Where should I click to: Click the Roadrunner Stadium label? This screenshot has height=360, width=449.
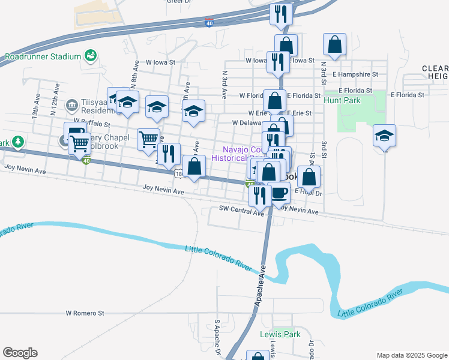pos(43,57)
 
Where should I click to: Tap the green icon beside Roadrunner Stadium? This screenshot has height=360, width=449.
pos(91,56)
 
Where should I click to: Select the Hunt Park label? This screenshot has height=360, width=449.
pos(342,100)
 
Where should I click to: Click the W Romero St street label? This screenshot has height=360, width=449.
pos(85,313)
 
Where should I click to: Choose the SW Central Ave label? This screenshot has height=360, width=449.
pos(241,212)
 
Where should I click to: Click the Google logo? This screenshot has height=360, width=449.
pos(20,353)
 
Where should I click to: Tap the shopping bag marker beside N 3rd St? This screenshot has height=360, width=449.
pos(334,45)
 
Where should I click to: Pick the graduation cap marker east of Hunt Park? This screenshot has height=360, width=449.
pos(384,137)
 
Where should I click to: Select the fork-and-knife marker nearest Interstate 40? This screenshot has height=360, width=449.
pos(280,14)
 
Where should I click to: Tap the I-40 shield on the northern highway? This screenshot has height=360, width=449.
pos(208,23)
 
